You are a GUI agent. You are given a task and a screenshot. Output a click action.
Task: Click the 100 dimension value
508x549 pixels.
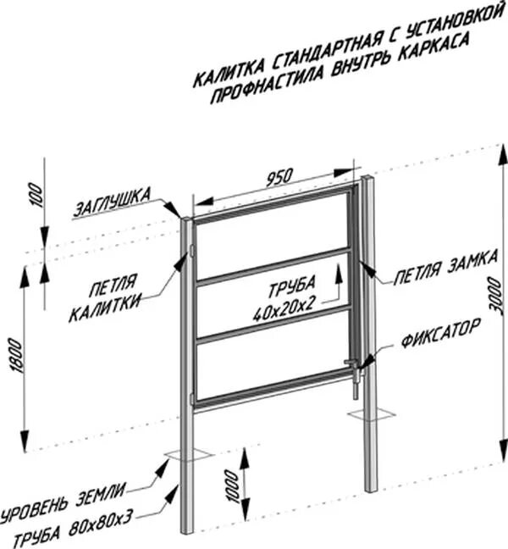[34, 197]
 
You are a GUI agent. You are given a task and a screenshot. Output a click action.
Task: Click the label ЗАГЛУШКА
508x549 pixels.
[112, 202]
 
